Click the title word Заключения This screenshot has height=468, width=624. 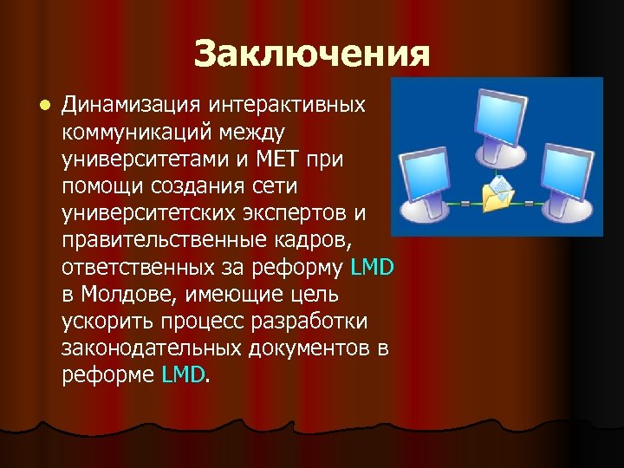pyautogui.click(x=312, y=54)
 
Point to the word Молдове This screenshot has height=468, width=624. pyautogui.click(x=129, y=296)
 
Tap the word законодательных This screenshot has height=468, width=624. pyautogui.click(x=150, y=348)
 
